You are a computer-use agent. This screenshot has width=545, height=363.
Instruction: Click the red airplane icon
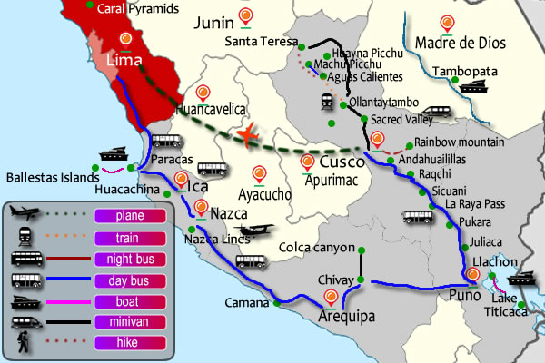(x=246, y=134)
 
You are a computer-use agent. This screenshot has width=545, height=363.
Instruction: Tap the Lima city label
(x=125, y=60)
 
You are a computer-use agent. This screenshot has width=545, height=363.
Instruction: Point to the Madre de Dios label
(x=451, y=43)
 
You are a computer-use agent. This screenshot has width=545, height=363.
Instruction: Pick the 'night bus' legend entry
(x=122, y=259)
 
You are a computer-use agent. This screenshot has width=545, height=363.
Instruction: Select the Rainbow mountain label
(x=459, y=142)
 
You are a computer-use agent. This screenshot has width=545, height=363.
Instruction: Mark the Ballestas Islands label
(x=46, y=177)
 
